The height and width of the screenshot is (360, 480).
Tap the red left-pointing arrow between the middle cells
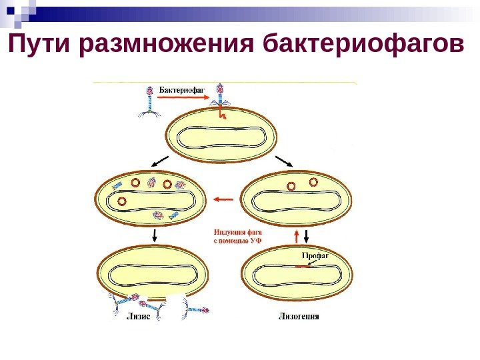pyautogui.click(x=224, y=198)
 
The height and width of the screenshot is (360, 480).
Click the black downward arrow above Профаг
pyautogui.click(x=307, y=235)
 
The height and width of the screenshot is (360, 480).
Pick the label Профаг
pyautogui.click(x=315, y=255)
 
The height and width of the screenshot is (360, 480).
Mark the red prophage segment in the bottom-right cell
pyautogui.click(x=304, y=267)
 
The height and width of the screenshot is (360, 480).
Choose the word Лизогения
pyautogui.click(x=298, y=316)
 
